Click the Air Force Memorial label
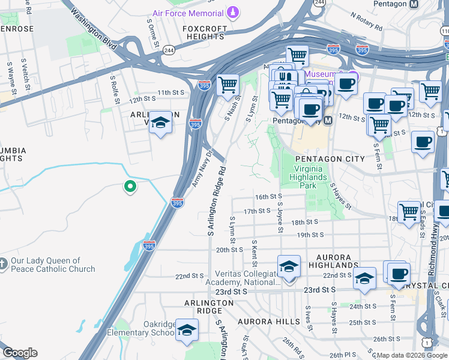tap(188, 13)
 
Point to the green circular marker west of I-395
tap(129, 187)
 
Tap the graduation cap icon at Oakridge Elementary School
tap(187, 330)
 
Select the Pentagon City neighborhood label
tap(330, 158)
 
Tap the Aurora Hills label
tap(268, 322)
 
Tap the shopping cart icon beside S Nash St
tap(228, 85)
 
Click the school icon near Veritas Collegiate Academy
tap(289, 266)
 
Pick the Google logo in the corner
tap(20, 353)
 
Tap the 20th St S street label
tap(229, 250)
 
